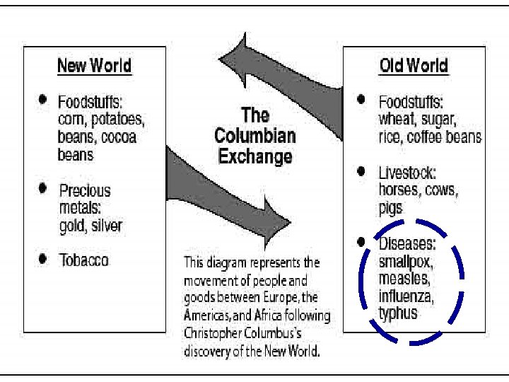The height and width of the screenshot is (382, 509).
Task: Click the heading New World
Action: click(94, 66)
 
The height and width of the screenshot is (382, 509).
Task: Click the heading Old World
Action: click(414, 66)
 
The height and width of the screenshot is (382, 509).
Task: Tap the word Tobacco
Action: click(84, 260)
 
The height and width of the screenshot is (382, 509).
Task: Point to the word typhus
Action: click(398, 312)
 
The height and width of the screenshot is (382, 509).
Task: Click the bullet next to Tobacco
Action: click(44, 258)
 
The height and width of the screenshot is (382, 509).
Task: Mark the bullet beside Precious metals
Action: click(44, 188)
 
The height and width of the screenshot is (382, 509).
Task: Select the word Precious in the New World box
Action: click(85, 190)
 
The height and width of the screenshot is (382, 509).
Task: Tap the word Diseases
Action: click(407, 244)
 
